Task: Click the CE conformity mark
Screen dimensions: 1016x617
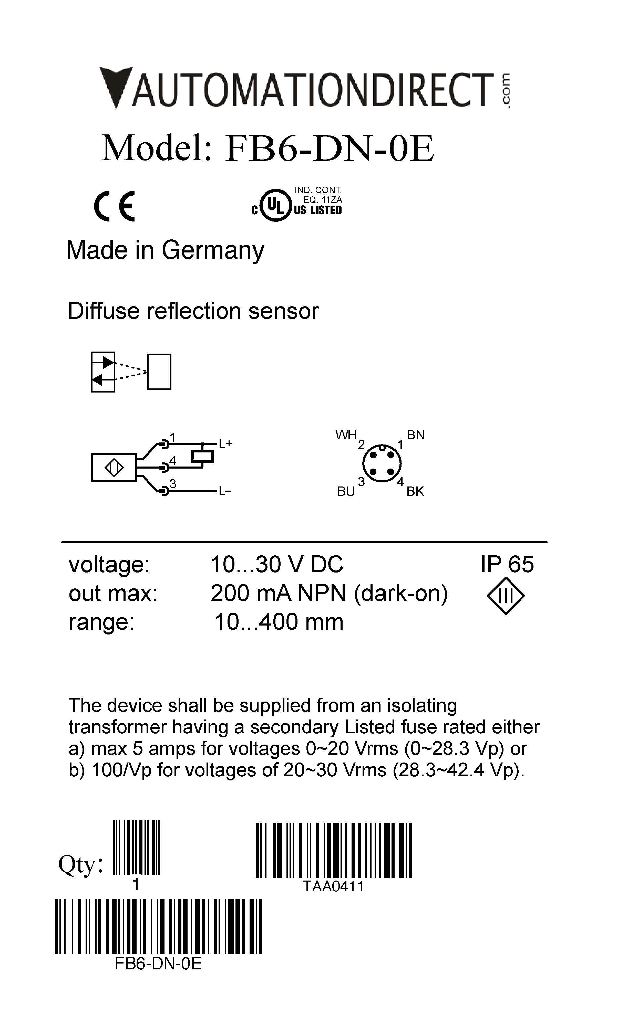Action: tap(114, 206)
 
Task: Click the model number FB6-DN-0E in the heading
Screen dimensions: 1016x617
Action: tap(329, 149)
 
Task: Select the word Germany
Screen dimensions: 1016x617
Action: tap(213, 250)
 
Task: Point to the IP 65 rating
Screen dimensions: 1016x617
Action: tap(507, 564)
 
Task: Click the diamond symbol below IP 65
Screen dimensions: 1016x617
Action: tap(506, 596)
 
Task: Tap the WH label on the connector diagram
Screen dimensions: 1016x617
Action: tap(346, 435)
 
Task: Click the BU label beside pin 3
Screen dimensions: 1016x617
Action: tap(346, 491)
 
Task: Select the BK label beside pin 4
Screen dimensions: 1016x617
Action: tap(415, 491)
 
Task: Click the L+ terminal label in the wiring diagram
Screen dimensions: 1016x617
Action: tap(225, 444)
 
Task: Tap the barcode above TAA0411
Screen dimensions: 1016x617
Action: tap(333, 850)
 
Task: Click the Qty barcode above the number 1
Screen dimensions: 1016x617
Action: tap(136, 847)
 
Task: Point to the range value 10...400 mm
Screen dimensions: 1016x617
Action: tap(279, 622)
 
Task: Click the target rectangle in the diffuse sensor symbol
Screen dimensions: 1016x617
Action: tap(159, 372)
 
